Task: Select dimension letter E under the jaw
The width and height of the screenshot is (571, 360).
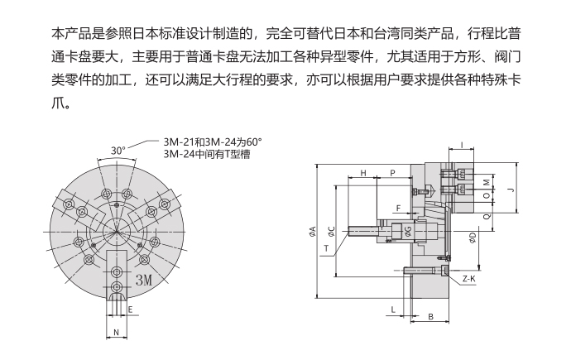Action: (131, 310)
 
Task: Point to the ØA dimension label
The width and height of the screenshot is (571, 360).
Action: (313, 231)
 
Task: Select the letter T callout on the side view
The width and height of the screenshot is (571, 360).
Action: (326, 247)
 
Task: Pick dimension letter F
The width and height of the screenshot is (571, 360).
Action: (398, 208)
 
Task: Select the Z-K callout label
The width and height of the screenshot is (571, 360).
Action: (469, 280)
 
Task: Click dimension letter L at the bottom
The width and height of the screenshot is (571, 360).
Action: (391, 308)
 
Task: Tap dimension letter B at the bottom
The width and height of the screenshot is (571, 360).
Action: (431, 317)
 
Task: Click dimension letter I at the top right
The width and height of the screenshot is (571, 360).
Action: (462, 145)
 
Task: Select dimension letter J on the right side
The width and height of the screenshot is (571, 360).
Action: (511, 190)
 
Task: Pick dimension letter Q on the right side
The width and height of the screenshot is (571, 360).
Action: (487, 215)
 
